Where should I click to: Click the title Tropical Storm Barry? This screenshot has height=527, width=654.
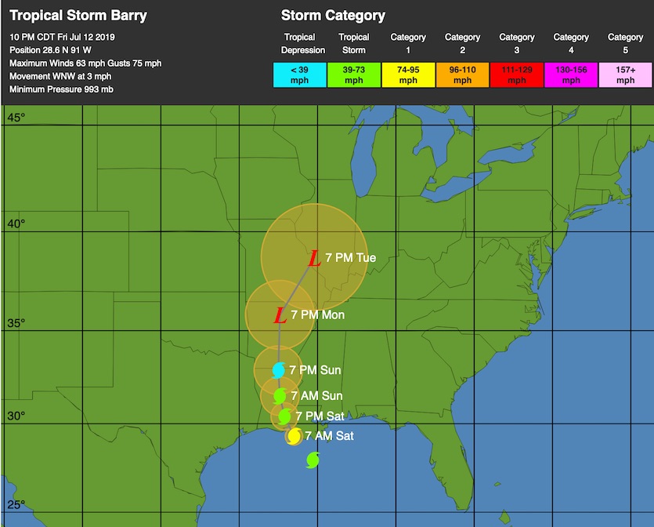click(78, 16)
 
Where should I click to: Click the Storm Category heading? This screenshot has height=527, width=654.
click(333, 16)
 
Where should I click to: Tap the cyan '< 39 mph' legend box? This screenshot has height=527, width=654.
click(299, 75)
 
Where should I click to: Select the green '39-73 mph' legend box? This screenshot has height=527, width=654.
click(354, 75)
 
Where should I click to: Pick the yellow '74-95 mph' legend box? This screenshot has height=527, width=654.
click(408, 75)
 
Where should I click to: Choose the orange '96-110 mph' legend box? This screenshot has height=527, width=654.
click(462, 75)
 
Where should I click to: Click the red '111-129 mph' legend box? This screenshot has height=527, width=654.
click(517, 75)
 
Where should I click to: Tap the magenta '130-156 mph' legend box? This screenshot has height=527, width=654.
click(571, 75)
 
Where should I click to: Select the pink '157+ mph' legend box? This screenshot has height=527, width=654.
click(625, 75)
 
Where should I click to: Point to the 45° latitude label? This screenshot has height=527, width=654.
click(16, 118)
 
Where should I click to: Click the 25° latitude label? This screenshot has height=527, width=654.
click(16, 504)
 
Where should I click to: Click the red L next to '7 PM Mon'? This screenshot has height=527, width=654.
click(280, 316)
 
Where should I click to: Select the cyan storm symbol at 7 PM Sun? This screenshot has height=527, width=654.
click(279, 370)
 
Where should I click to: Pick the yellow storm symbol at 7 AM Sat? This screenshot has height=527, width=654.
click(294, 436)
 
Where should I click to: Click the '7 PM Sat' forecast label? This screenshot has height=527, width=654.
click(320, 416)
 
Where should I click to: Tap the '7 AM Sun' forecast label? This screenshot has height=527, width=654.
click(316, 396)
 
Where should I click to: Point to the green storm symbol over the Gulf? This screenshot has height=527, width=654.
click(313, 460)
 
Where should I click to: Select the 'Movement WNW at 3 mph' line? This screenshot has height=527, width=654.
click(59, 76)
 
